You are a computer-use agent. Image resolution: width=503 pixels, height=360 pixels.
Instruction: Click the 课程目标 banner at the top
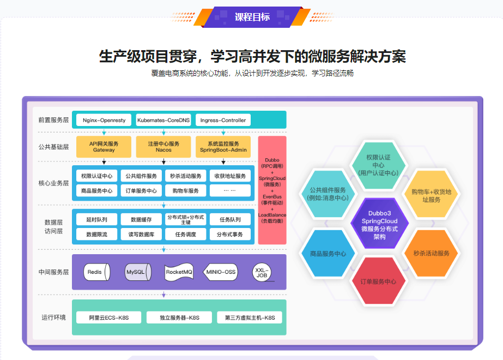point(252,16)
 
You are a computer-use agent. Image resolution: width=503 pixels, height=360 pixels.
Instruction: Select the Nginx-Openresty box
point(104,120)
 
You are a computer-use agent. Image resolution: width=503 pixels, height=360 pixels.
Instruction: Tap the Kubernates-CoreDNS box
point(163,120)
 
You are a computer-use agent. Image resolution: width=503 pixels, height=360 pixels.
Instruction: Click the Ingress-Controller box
point(223,120)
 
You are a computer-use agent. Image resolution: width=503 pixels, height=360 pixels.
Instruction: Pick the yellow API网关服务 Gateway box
point(104,146)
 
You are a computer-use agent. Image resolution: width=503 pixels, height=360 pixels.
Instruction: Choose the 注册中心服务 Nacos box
point(163,146)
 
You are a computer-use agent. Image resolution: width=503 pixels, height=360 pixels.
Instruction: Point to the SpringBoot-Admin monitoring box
point(223,146)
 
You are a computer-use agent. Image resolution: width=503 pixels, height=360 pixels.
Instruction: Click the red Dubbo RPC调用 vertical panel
point(272,190)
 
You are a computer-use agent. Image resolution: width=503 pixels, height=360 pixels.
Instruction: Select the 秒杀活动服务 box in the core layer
point(186,176)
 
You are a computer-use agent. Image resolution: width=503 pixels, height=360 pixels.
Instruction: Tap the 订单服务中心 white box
point(141,191)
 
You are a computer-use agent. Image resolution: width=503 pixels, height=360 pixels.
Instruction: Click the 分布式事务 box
point(229,234)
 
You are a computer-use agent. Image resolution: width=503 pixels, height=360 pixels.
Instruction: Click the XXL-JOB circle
point(262,272)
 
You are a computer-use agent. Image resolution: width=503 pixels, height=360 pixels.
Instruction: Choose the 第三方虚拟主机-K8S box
point(246,317)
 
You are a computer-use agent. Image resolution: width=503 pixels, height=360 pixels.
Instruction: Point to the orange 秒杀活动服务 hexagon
point(431,253)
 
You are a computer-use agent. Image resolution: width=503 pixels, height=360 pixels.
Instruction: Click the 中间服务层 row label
point(53,272)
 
